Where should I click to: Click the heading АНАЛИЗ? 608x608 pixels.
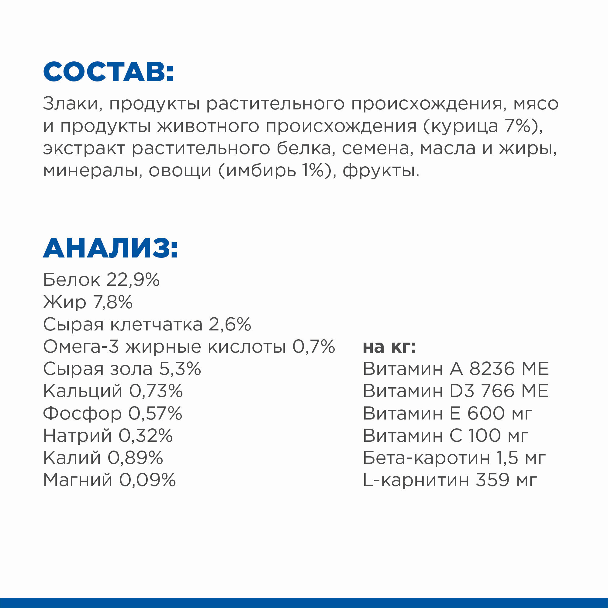click(110, 248)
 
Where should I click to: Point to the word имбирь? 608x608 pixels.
click(261, 171)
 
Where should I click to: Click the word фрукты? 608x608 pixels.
click(381, 171)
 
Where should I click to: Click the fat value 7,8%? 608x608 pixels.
click(113, 302)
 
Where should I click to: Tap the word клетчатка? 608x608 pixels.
click(156, 324)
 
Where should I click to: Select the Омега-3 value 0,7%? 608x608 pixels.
click(313, 347)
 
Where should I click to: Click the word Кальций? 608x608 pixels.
click(82, 391)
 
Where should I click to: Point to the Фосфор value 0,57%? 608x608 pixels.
click(155, 413)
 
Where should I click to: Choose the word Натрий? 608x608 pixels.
click(78, 436)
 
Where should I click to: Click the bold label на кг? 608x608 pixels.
click(389, 347)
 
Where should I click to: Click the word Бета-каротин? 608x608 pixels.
click(426, 458)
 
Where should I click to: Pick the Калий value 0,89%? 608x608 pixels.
click(135, 458)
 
